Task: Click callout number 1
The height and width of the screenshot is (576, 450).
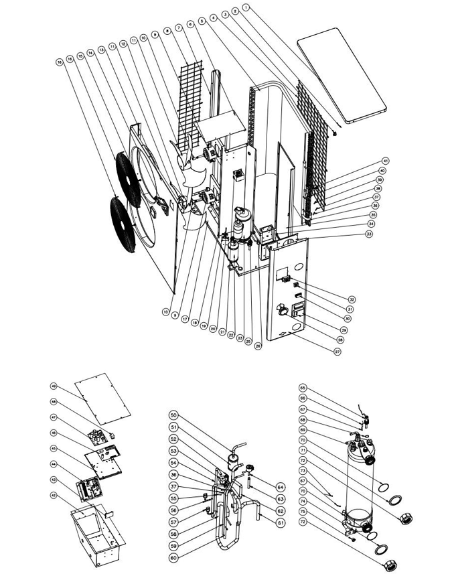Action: point(246,7)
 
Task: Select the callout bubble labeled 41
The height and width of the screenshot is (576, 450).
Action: point(385,161)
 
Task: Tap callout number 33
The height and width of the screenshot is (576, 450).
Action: point(368,234)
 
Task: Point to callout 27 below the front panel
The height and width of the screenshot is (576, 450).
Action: point(338,352)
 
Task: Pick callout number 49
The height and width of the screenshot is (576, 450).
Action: point(53,386)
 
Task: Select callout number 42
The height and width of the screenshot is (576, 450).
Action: point(53,496)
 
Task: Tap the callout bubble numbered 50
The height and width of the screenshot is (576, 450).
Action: point(173,416)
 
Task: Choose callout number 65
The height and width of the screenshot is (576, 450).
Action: point(302,388)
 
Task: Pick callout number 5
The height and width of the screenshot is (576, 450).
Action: point(202,22)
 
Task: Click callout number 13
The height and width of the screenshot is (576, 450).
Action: point(102,50)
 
